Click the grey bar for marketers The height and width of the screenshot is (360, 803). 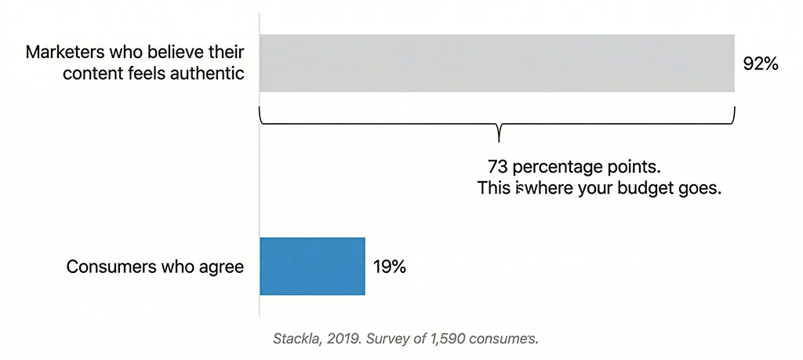tap(496, 64)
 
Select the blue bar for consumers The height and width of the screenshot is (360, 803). tap(312, 266)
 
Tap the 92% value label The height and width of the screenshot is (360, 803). tap(760, 64)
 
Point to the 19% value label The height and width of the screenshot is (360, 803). tap(389, 267)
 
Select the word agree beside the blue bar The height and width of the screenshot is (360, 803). tap(223, 267)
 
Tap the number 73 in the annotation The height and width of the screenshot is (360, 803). tap(497, 167)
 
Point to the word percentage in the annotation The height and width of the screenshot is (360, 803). tap(557, 168)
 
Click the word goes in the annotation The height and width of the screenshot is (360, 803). tap(700, 189)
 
